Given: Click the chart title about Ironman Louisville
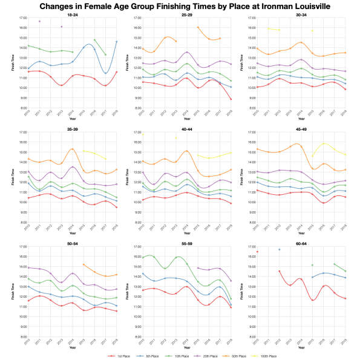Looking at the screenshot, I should click(181, 6).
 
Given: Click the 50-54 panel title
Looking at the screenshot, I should click(72, 243).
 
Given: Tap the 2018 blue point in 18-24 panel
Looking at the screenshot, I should click(116, 41).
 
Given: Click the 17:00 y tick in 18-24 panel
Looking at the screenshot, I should click(20, 18).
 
